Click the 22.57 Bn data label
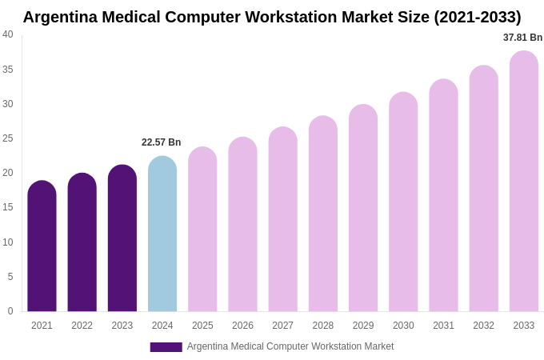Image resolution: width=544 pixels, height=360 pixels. (x=162, y=142)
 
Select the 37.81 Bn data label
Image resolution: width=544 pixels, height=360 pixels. (x=522, y=38)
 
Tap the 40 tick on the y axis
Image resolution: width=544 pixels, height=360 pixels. (x=8, y=34)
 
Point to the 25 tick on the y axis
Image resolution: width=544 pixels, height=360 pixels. (x=8, y=138)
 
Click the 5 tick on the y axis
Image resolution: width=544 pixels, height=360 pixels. (x=10, y=277)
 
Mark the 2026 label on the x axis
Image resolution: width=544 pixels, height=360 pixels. (x=242, y=326)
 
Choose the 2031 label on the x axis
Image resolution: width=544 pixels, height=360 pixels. (x=443, y=326)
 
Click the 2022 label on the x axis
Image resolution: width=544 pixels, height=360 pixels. (x=82, y=326)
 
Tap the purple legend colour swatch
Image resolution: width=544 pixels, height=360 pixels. (x=166, y=347)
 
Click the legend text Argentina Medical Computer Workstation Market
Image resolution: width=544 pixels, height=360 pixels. (x=290, y=346)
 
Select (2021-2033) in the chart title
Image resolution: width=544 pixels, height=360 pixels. (x=477, y=17)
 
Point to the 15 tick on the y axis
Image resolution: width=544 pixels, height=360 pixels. (x=8, y=207)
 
